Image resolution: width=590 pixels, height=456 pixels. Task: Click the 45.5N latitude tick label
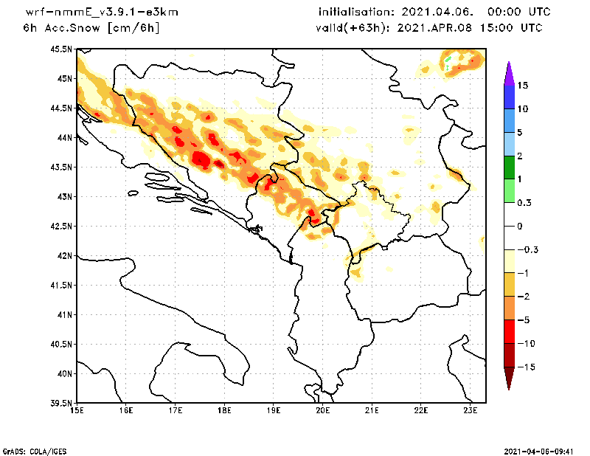point(62,49)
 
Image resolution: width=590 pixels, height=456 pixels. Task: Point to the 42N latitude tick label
point(64,256)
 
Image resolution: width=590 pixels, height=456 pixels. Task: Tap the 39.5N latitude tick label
point(62,404)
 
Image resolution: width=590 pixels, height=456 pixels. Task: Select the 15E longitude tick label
point(77,411)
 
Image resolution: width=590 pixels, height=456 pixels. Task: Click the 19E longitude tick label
point(274,411)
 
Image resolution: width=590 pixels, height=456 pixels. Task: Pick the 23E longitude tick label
point(471,411)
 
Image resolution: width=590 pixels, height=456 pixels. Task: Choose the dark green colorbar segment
point(509,167)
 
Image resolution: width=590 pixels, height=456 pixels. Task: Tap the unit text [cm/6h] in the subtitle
point(133,28)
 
